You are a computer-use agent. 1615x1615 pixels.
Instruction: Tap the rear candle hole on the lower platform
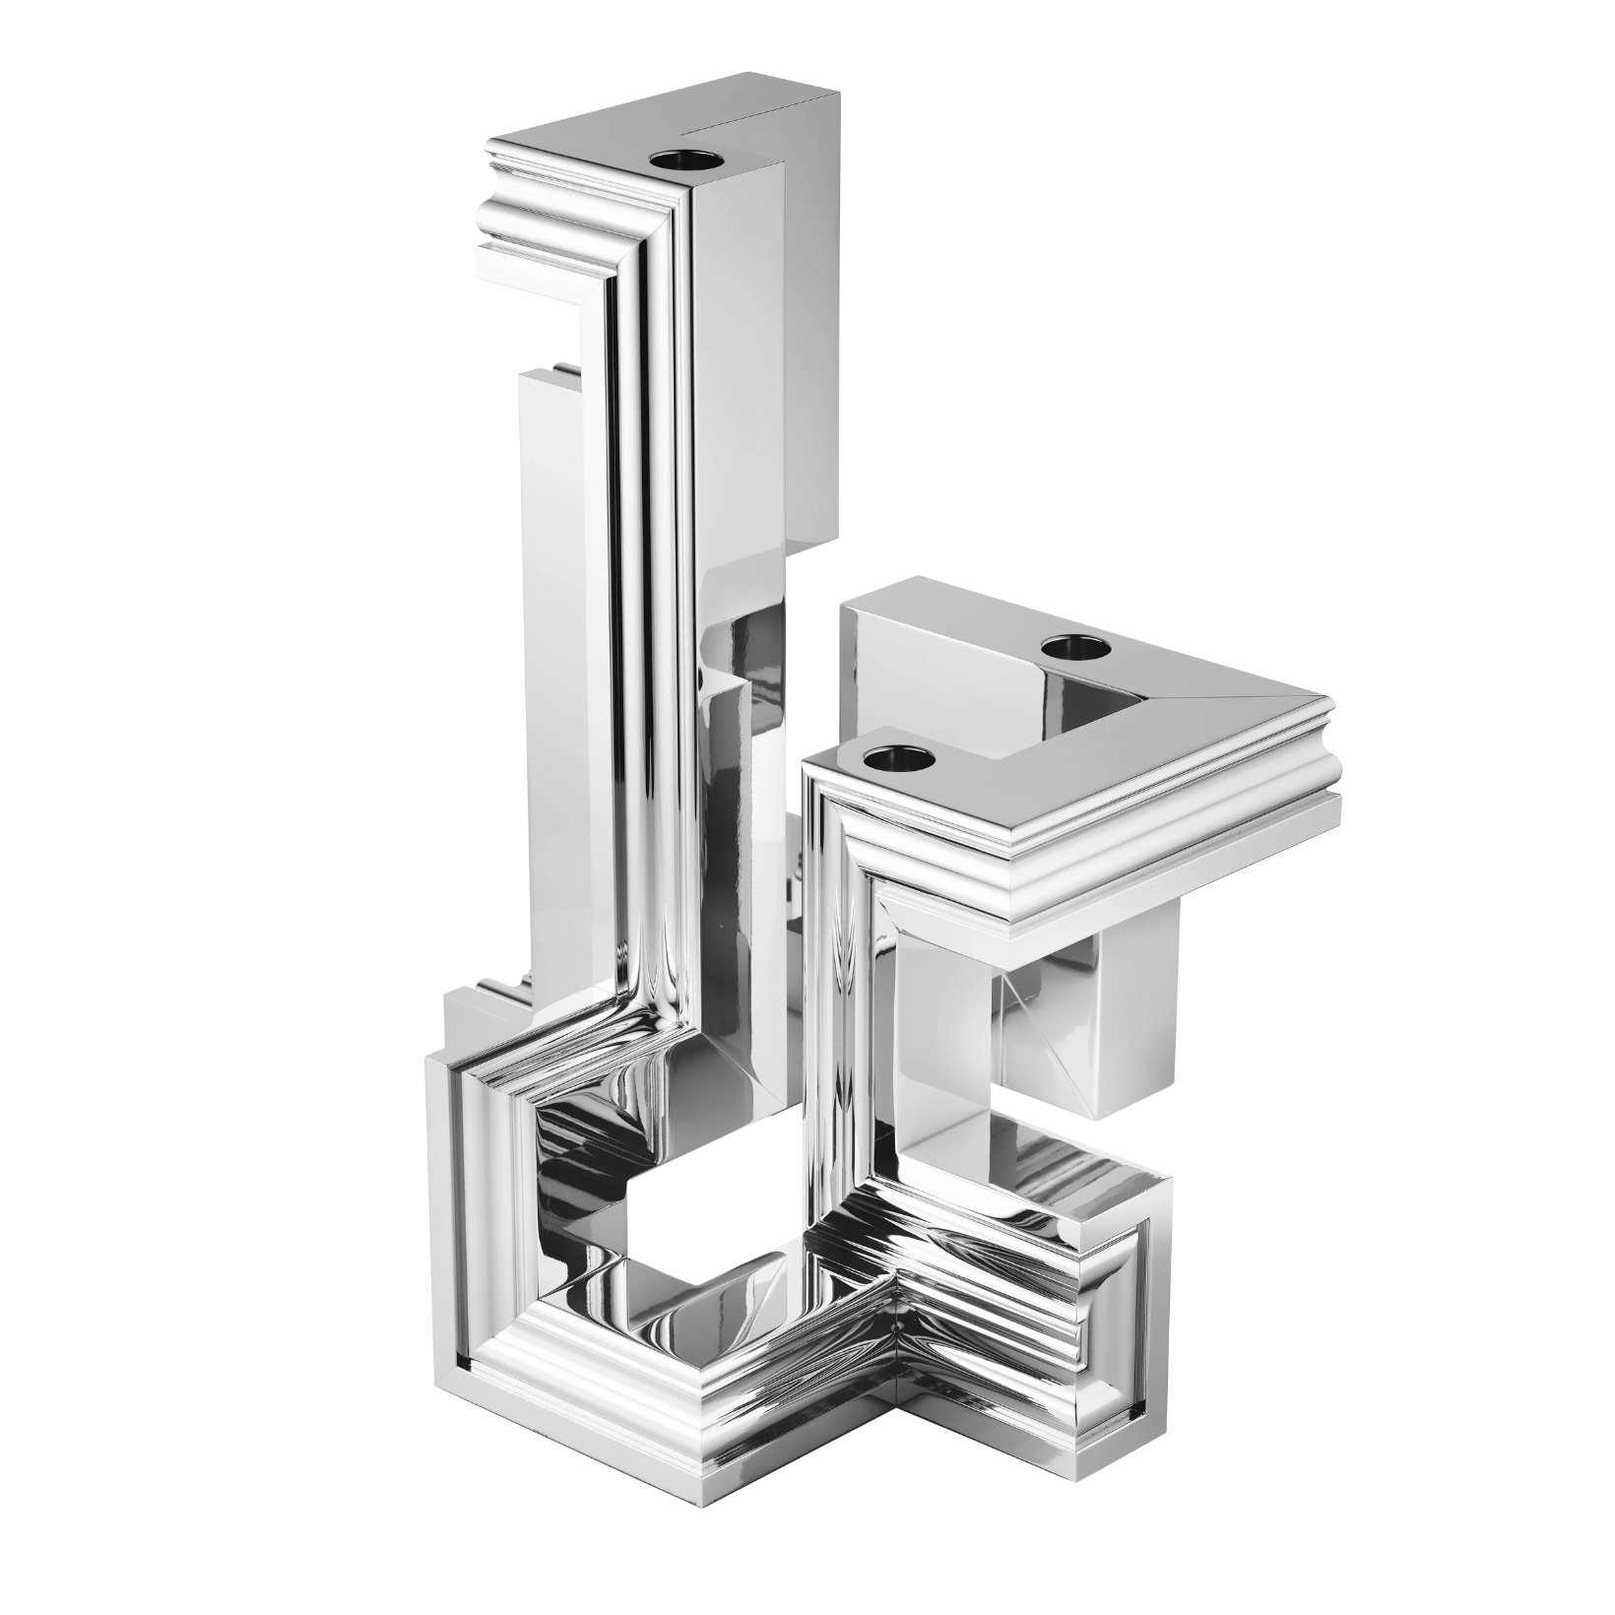point(1074,647)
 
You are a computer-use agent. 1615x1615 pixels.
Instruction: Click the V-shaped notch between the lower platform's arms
point(1083,689)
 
